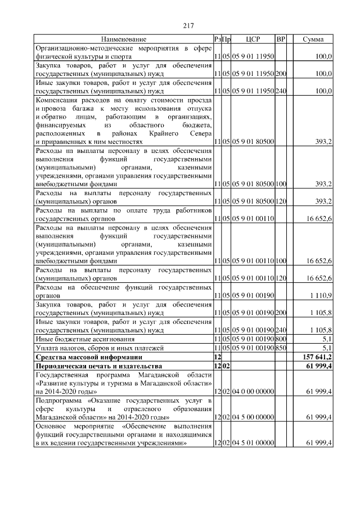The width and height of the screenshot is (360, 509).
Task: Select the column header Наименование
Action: coord(124,39)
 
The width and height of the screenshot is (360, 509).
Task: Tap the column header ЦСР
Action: coord(253,39)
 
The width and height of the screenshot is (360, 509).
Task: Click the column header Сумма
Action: coord(313,39)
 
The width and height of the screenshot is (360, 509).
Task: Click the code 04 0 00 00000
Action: coord(253,390)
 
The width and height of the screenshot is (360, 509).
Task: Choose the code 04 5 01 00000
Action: coord(253,443)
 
